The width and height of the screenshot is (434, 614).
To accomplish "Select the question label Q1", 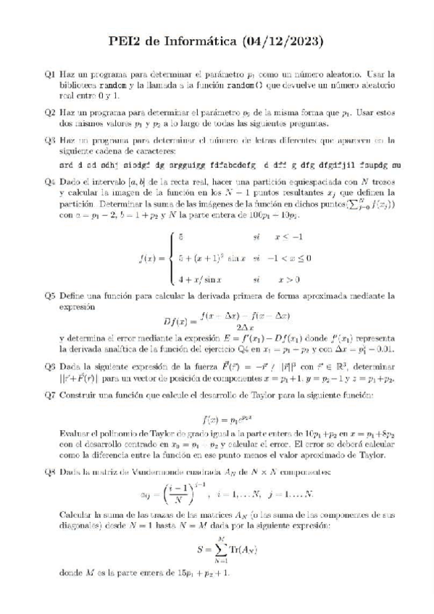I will tap(49, 74).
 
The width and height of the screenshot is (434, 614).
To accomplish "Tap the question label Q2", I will tap(49, 113).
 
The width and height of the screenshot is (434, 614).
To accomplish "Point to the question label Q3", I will tap(49, 140).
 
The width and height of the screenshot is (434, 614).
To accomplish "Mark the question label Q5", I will tap(49, 295).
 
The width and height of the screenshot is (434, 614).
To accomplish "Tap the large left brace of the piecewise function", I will tap(171, 257).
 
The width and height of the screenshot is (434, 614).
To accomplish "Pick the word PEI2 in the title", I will tap(128, 42).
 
